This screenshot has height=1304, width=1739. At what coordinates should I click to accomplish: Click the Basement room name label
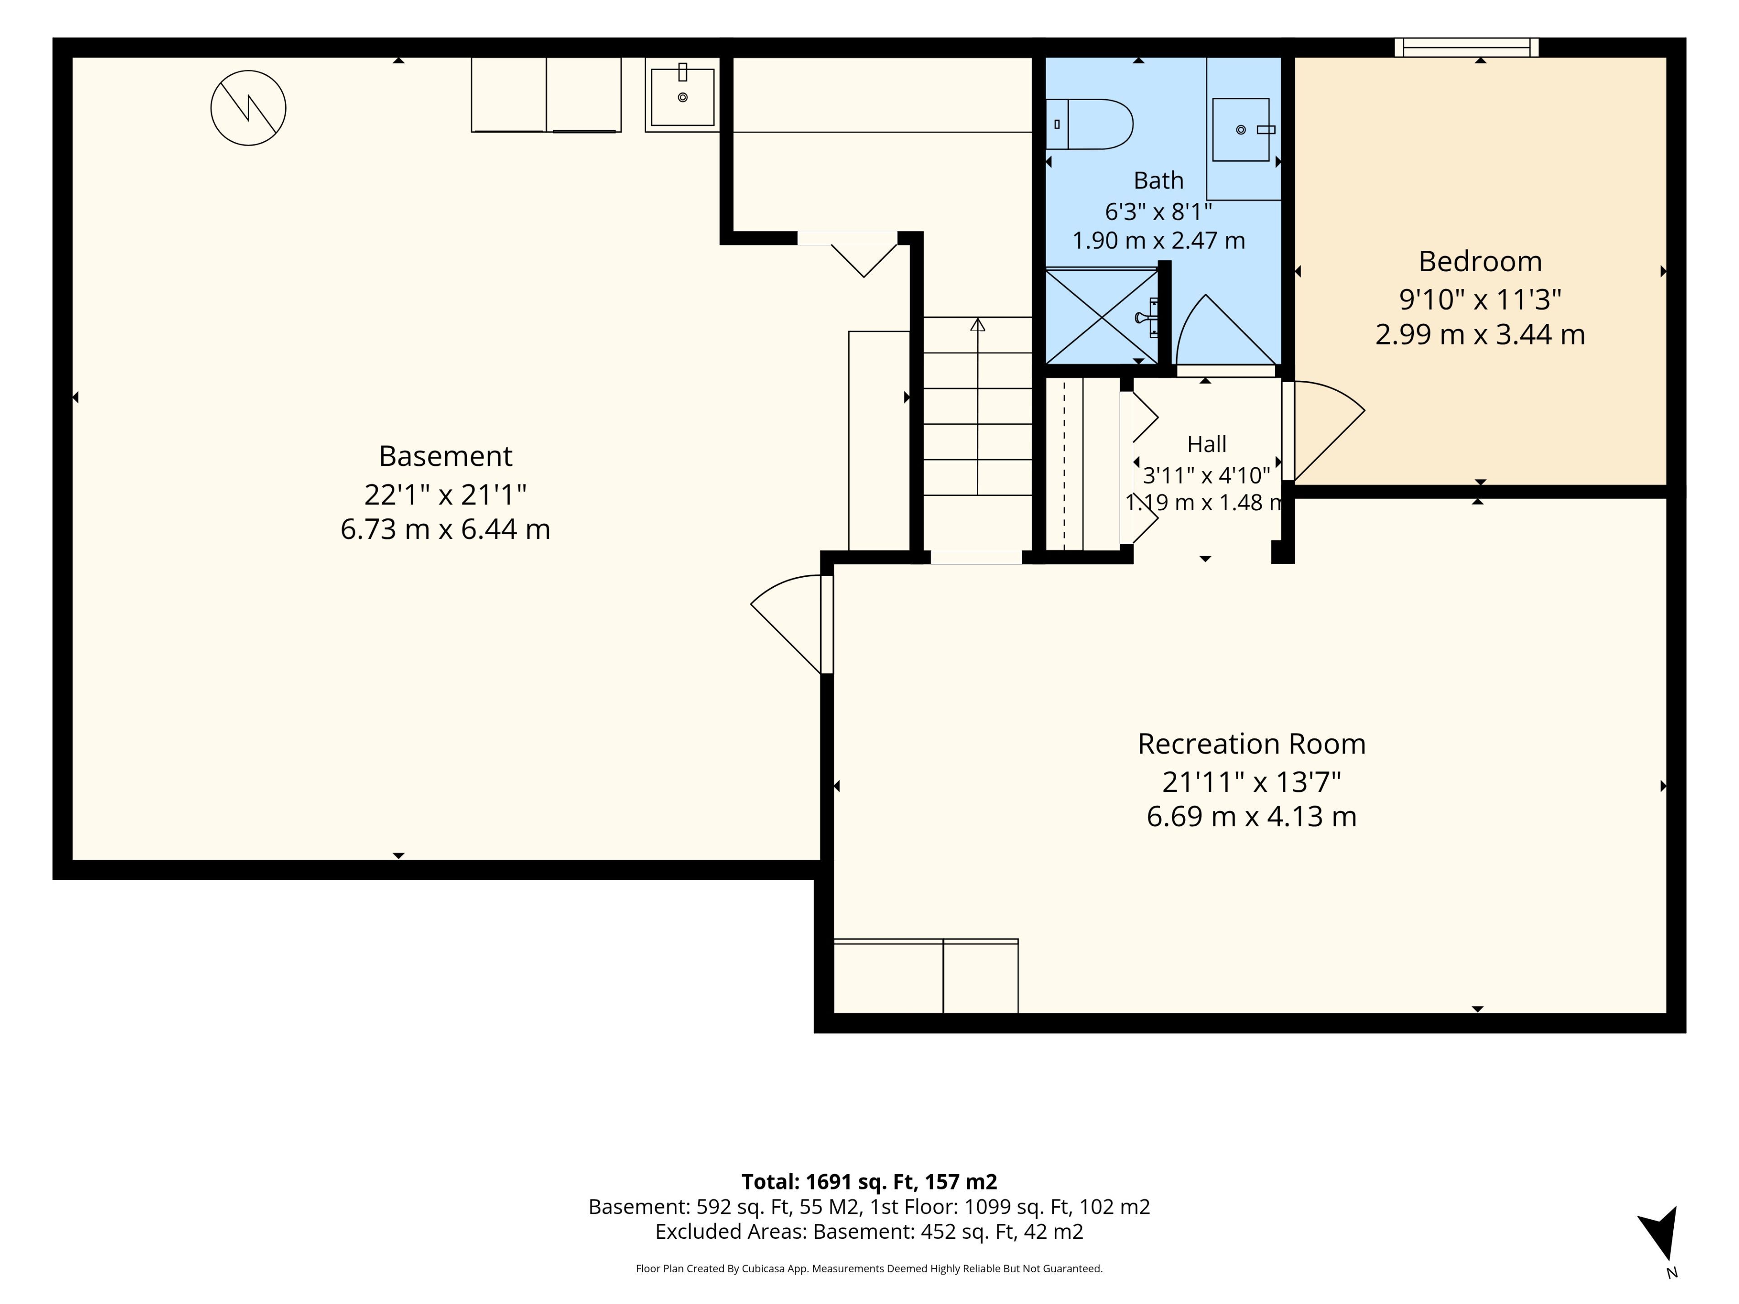pyautogui.click(x=445, y=456)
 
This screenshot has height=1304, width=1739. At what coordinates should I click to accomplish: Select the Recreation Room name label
pyautogui.click(x=1252, y=743)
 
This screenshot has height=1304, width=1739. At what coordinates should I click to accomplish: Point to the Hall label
pyautogui.click(x=1207, y=444)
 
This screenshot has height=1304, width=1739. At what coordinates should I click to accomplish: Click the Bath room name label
pyautogui.click(x=1158, y=180)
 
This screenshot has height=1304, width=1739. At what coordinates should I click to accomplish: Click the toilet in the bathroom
pyautogui.click(x=1089, y=124)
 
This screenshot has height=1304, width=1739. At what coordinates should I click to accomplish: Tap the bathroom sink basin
pyautogui.click(x=1240, y=129)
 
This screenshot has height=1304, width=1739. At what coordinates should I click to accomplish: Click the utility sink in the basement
pyautogui.click(x=682, y=97)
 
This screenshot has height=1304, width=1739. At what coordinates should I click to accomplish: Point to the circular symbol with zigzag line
pyautogui.click(x=249, y=108)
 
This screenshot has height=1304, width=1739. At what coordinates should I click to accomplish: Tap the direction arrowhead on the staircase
pyautogui.click(x=977, y=324)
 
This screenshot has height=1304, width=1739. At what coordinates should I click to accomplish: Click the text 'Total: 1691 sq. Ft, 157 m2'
pyautogui.click(x=869, y=1181)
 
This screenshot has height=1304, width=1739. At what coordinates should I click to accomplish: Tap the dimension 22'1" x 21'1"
pyautogui.click(x=445, y=494)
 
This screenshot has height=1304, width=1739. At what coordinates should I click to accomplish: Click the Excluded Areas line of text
pyautogui.click(x=869, y=1231)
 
